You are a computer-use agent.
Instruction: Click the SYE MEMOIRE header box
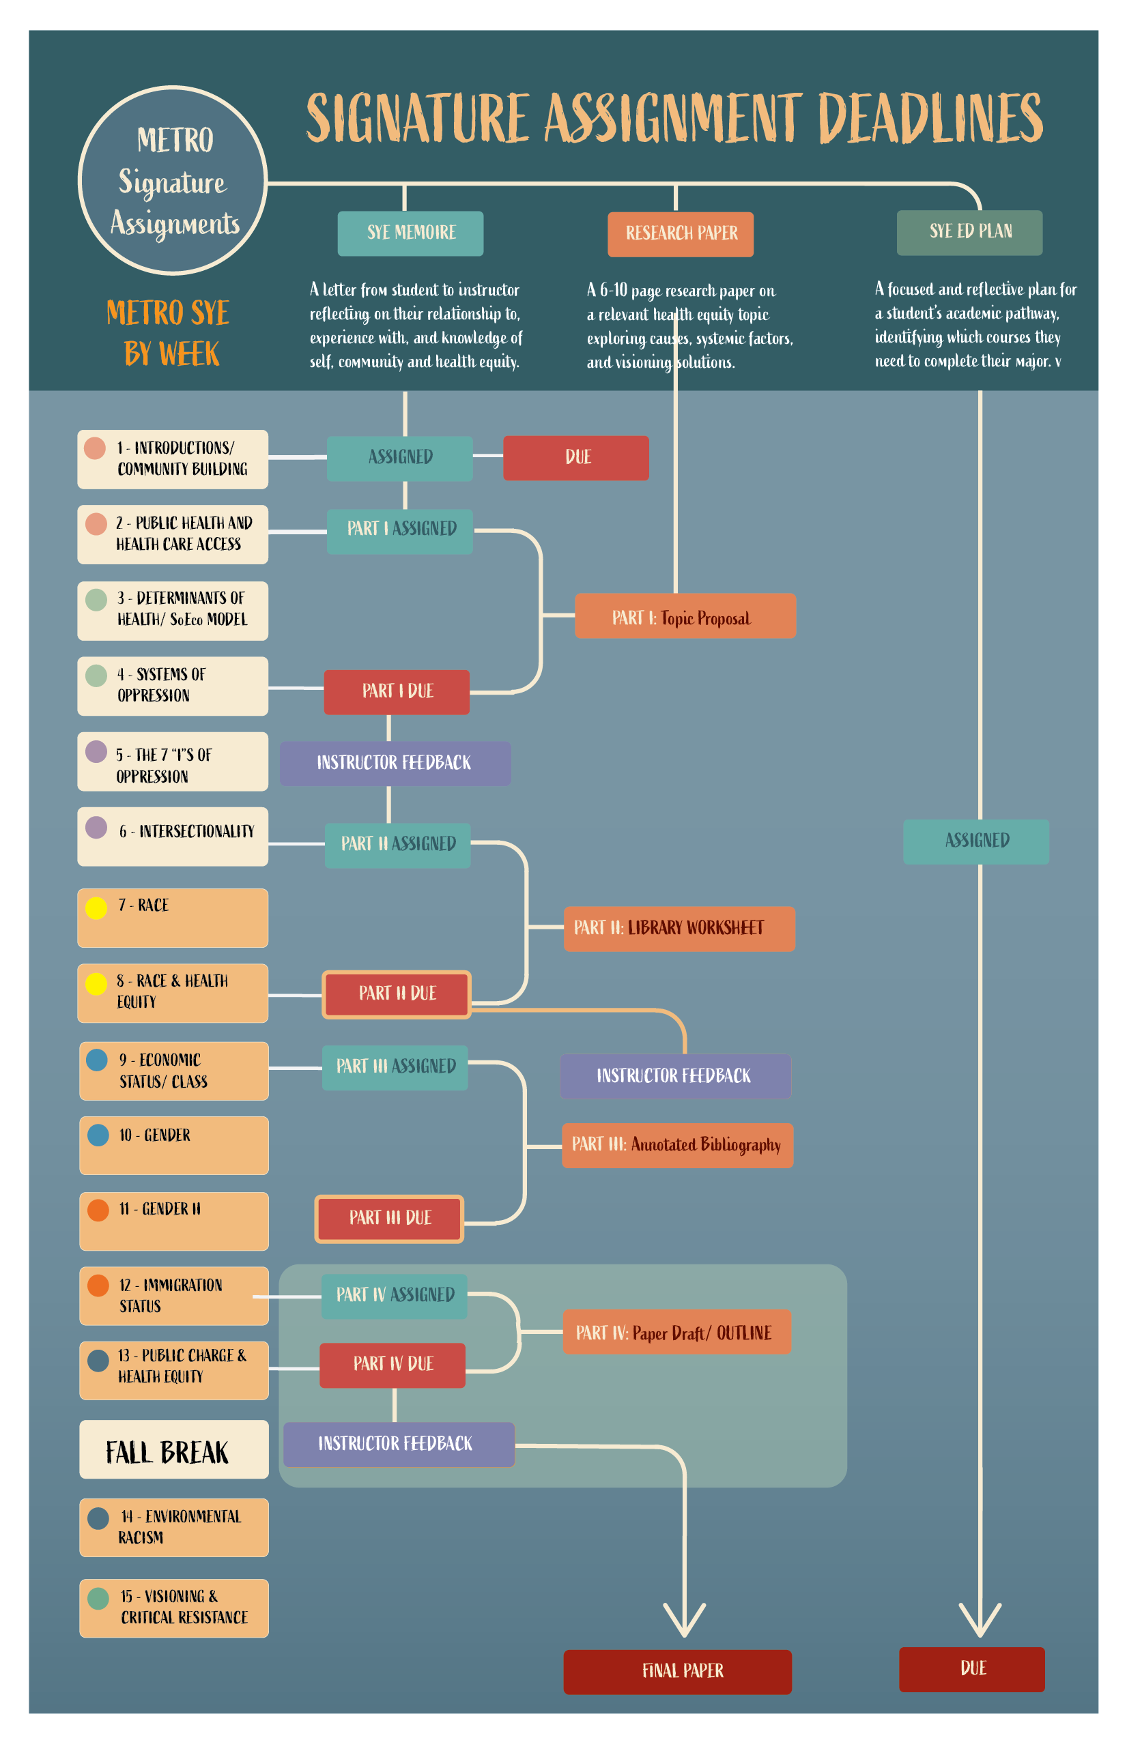click(x=410, y=233)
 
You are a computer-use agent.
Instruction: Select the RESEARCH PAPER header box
click(x=680, y=234)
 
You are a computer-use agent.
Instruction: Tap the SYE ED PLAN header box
click(x=969, y=233)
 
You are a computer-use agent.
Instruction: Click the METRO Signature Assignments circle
click(x=173, y=181)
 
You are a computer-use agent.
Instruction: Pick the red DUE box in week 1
click(x=575, y=458)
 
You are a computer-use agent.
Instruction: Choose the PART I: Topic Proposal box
click(x=685, y=615)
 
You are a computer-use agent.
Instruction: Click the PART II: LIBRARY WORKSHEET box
click(x=679, y=929)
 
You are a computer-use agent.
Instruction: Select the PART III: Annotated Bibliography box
click(x=677, y=1145)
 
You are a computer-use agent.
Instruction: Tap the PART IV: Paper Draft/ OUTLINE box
click(x=676, y=1332)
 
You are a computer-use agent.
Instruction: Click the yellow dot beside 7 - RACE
click(x=96, y=908)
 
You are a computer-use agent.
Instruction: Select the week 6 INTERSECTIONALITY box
click(x=173, y=837)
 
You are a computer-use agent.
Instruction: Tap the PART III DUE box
click(x=389, y=1218)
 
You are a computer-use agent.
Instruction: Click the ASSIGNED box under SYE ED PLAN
click(x=975, y=841)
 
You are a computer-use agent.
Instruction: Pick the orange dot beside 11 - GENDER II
click(x=98, y=1210)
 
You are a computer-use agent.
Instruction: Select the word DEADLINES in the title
click(x=930, y=119)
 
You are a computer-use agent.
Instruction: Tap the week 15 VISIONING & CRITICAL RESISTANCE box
click(x=174, y=1608)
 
